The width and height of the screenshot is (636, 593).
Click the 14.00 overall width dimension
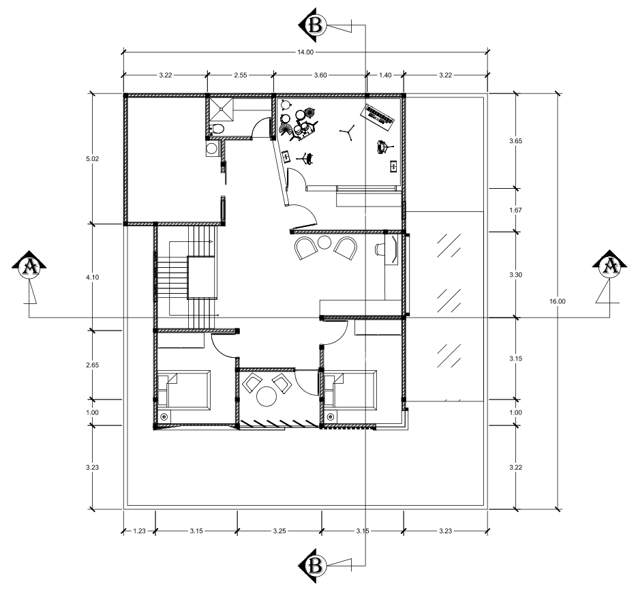pyautogui.click(x=305, y=52)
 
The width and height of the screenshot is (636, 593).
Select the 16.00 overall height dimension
pyautogui.click(x=558, y=301)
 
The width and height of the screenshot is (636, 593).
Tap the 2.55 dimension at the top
pyautogui.click(x=240, y=75)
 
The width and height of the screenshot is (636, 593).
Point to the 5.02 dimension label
pyautogui.click(x=93, y=159)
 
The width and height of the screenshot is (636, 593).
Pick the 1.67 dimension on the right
pyautogui.click(x=515, y=210)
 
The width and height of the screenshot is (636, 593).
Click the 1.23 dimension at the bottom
pyautogui.click(x=139, y=530)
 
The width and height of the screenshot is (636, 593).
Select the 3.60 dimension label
pyautogui.click(x=320, y=75)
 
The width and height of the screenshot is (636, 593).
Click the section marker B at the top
pyautogui.click(x=313, y=25)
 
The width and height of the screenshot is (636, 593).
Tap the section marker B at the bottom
pyautogui.click(x=313, y=566)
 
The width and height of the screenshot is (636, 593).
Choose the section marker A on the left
pyautogui.click(x=29, y=267)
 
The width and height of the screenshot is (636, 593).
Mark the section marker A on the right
pyautogui.click(x=609, y=267)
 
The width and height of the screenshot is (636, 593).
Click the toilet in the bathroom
pyautogui.click(x=217, y=129)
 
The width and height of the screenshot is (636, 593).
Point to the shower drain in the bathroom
pyautogui.click(x=222, y=108)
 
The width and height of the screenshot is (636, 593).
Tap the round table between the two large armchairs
pyautogui.click(x=325, y=243)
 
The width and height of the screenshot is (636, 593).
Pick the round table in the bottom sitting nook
pyautogui.click(x=267, y=396)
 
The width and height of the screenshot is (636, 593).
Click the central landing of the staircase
pyautogui.click(x=201, y=277)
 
